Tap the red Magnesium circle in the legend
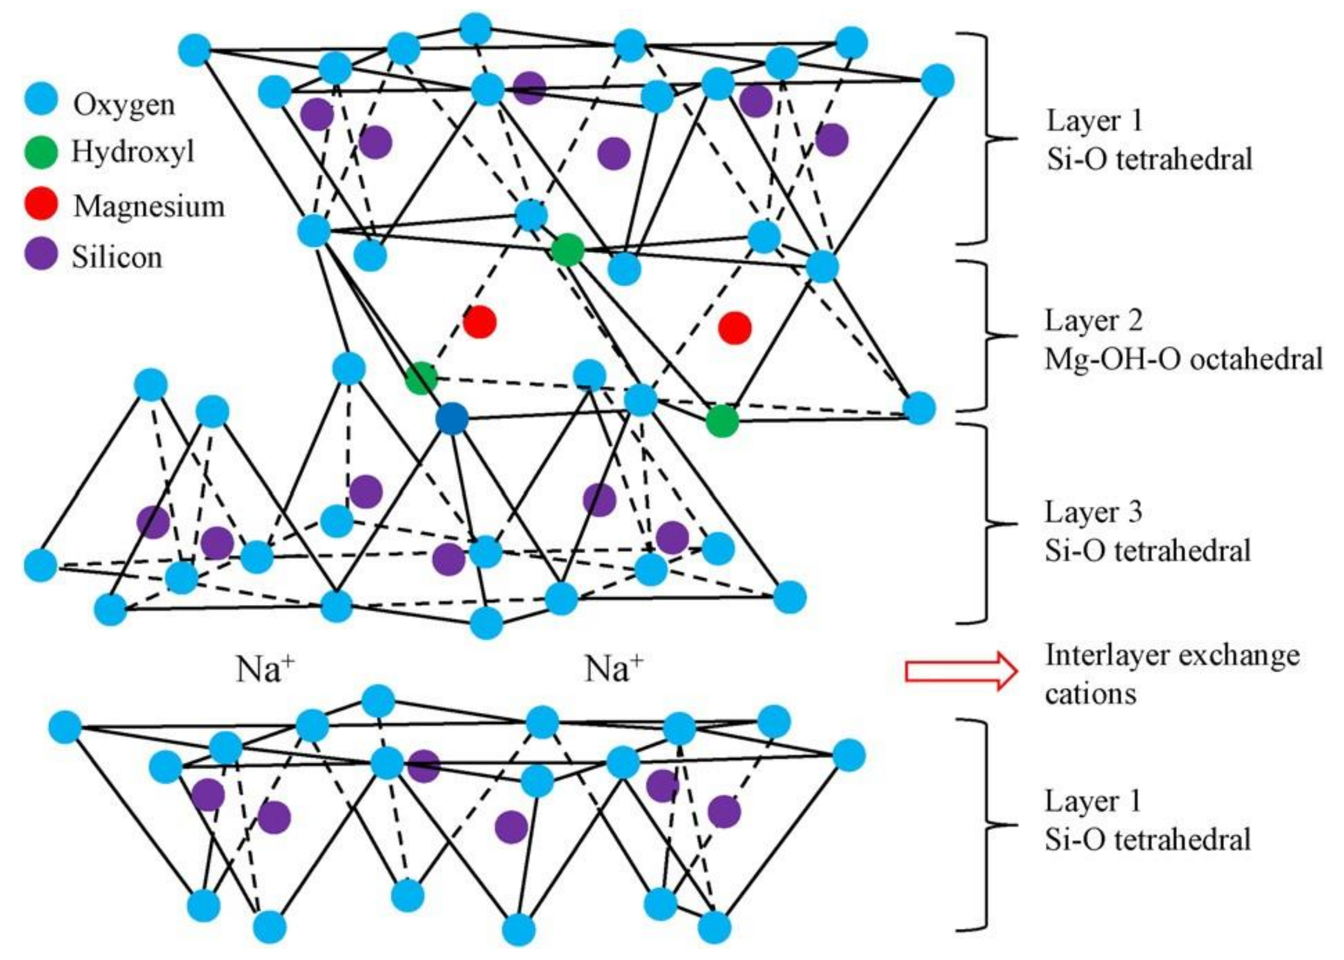(41, 204)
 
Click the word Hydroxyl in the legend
(133, 153)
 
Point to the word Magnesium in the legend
(149, 206)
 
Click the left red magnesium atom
(479, 322)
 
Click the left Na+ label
(265, 668)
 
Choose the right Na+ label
(613, 668)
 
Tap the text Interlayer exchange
(1172, 655)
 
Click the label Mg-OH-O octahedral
(1183, 359)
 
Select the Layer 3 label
(1093, 512)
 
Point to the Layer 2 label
(1093, 321)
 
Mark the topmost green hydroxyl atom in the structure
(567, 249)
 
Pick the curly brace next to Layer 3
(993, 523)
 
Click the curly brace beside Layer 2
(993, 336)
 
